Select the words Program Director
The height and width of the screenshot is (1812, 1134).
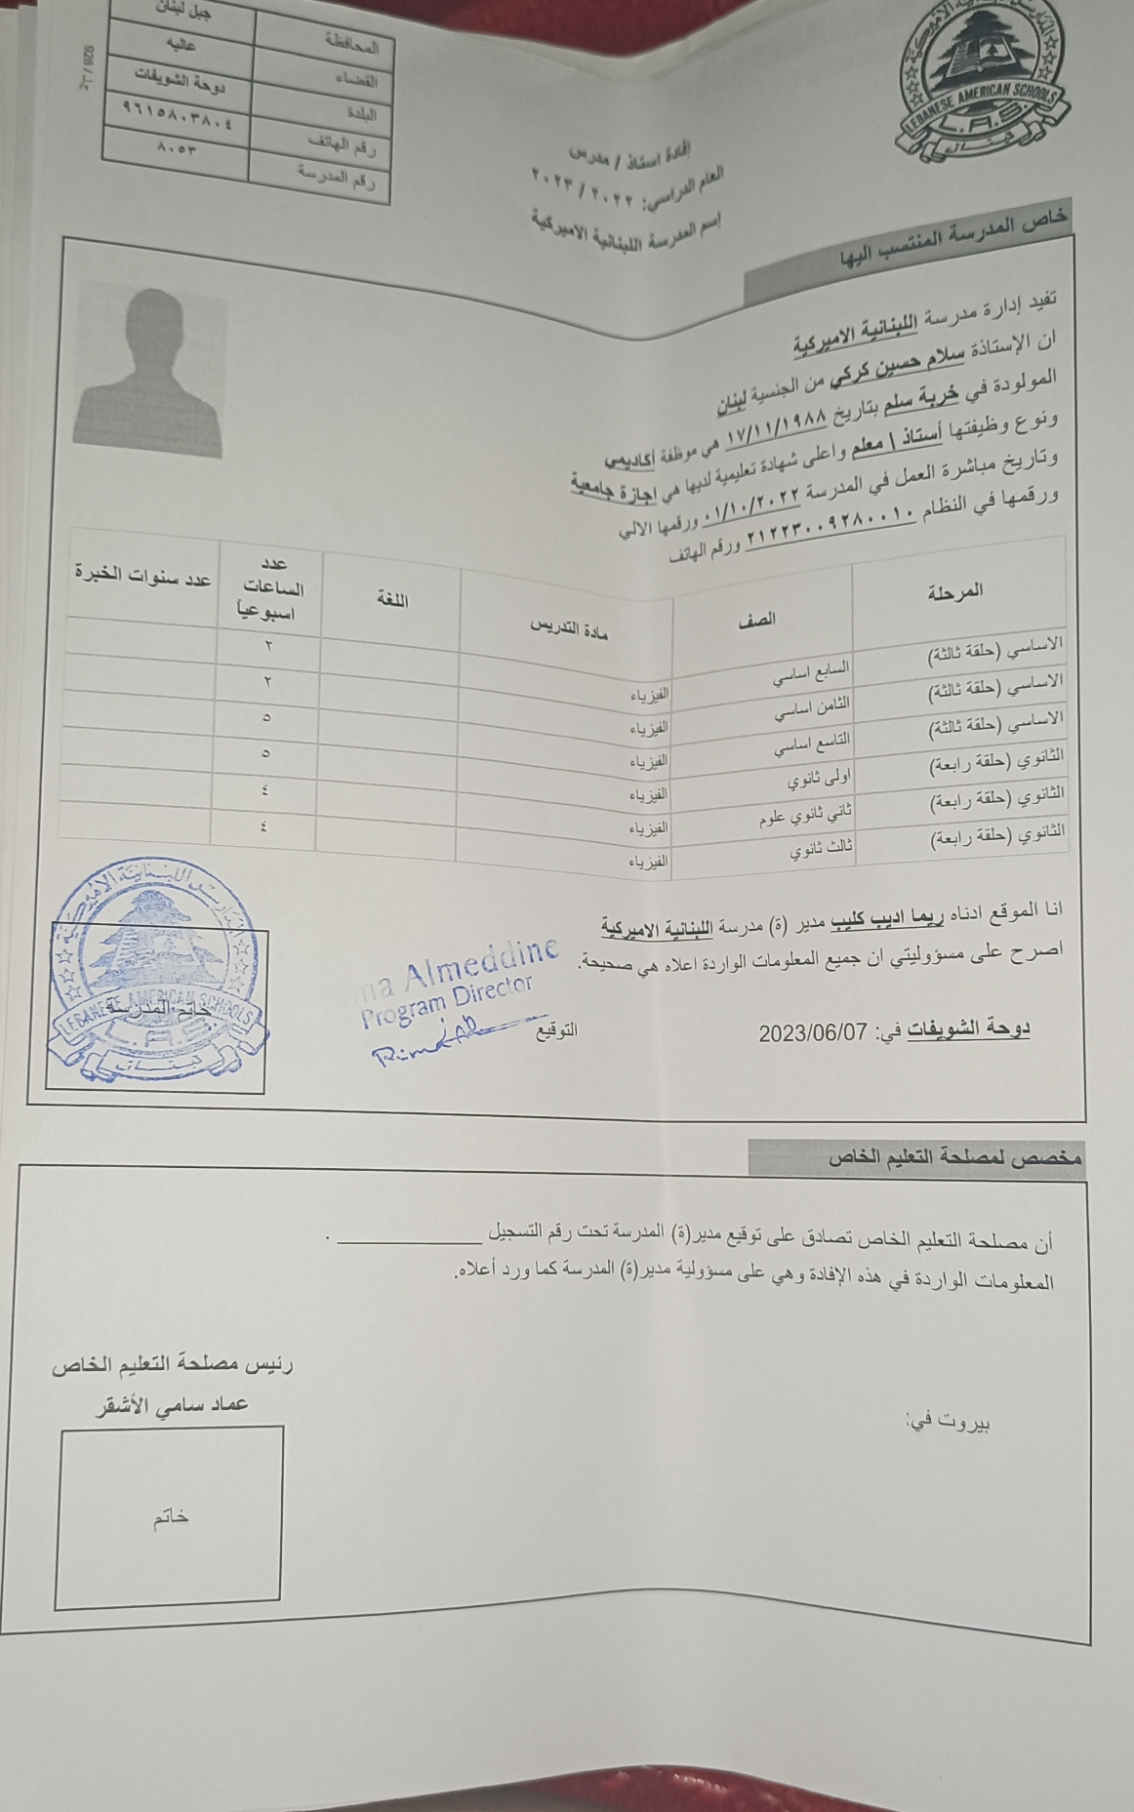[447, 1000]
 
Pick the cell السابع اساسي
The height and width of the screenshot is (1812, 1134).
[811, 672]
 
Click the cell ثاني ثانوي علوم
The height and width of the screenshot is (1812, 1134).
[806, 815]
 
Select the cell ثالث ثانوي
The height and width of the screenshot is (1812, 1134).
[821, 850]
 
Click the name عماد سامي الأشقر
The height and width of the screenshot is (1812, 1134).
[171, 1405]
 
